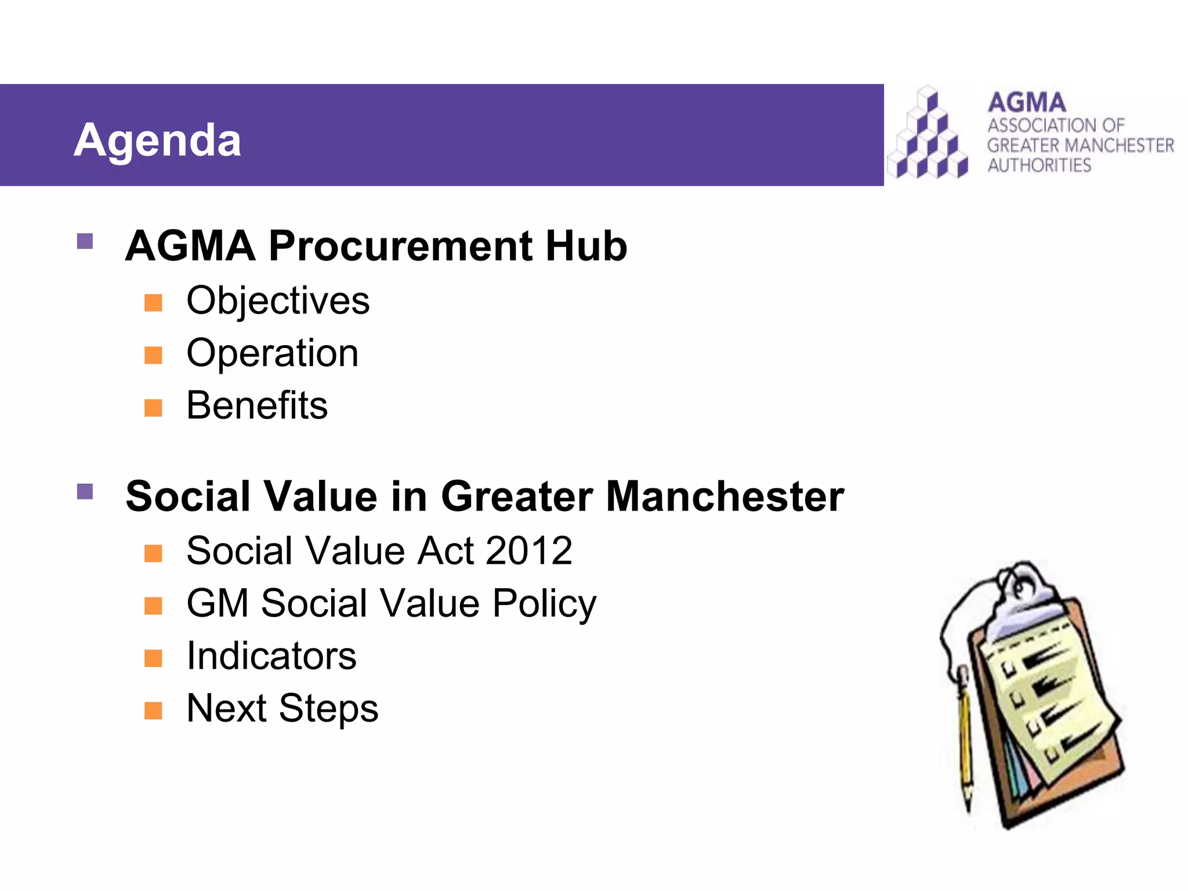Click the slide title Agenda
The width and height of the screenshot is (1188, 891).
tap(157, 140)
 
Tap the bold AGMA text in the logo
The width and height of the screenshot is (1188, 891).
tap(1027, 103)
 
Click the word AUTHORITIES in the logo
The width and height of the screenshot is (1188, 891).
tap(1039, 165)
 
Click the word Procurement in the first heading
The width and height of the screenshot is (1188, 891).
tap(400, 246)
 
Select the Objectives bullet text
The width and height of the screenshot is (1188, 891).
tap(278, 301)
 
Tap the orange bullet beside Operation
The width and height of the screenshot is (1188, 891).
tap(153, 355)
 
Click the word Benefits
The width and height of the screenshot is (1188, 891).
tap(257, 405)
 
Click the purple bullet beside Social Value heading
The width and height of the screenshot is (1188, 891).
tap(85, 492)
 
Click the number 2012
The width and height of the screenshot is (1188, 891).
tap(528, 550)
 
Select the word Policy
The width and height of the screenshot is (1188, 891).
tap(544, 603)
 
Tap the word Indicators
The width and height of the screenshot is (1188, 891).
tap(271, 656)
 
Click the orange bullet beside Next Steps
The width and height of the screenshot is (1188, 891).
tap(153, 710)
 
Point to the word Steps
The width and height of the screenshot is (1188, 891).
tap(328, 708)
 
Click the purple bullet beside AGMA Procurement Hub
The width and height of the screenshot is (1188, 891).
tap(85, 241)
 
